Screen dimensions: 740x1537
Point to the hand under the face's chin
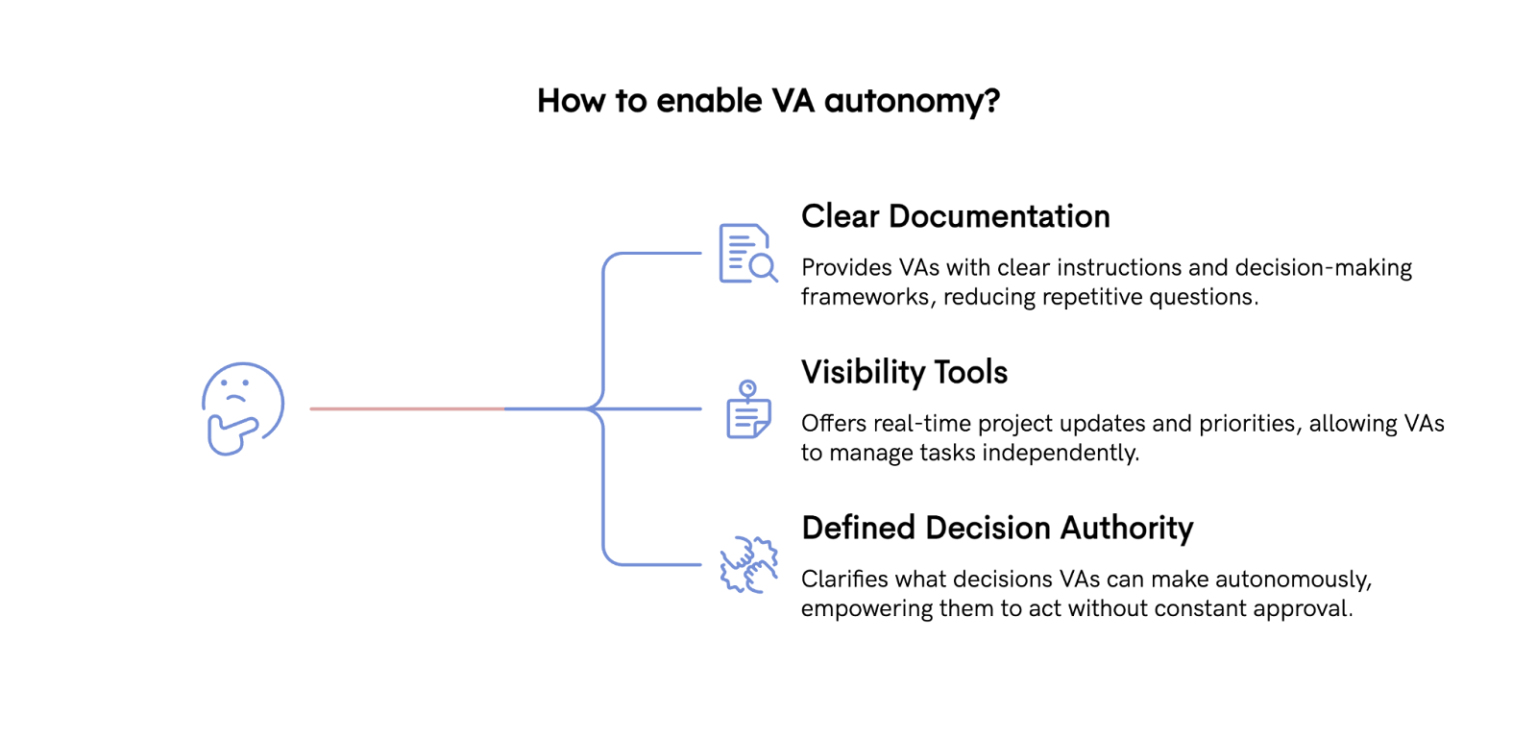click(229, 434)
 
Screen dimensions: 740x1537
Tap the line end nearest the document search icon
click(700, 253)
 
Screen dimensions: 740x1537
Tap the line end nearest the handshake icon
click(700, 564)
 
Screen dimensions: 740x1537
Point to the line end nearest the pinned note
click(700, 408)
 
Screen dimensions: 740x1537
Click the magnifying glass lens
click(761, 266)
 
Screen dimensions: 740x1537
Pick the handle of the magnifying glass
click(773, 279)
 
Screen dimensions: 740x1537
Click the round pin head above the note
click(748, 386)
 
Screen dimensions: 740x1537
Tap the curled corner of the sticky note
click(763, 430)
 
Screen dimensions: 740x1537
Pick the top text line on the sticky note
click(745, 408)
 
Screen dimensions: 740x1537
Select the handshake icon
click(749, 565)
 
